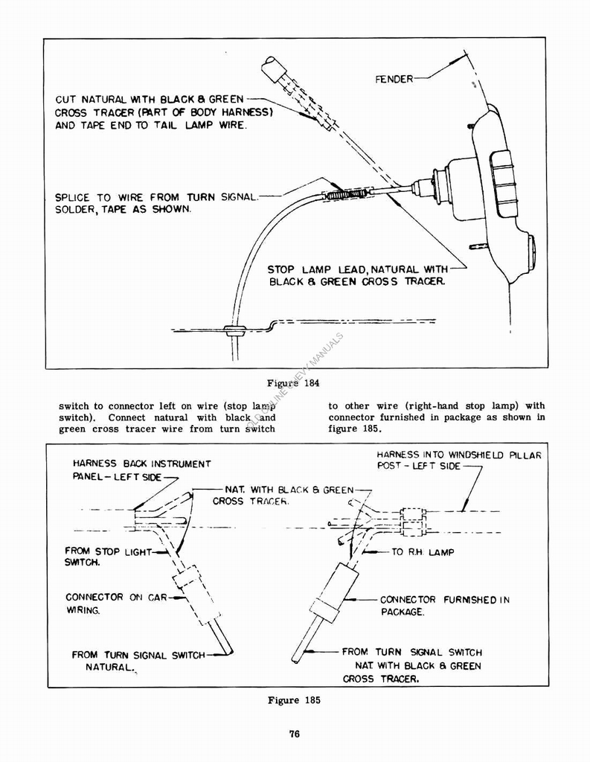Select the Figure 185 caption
point(294,700)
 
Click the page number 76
point(294,734)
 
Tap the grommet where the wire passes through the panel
point(236,329)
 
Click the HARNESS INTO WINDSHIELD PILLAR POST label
point(458,460)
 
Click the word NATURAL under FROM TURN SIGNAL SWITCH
point(109,668)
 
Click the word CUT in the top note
point(65,99)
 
